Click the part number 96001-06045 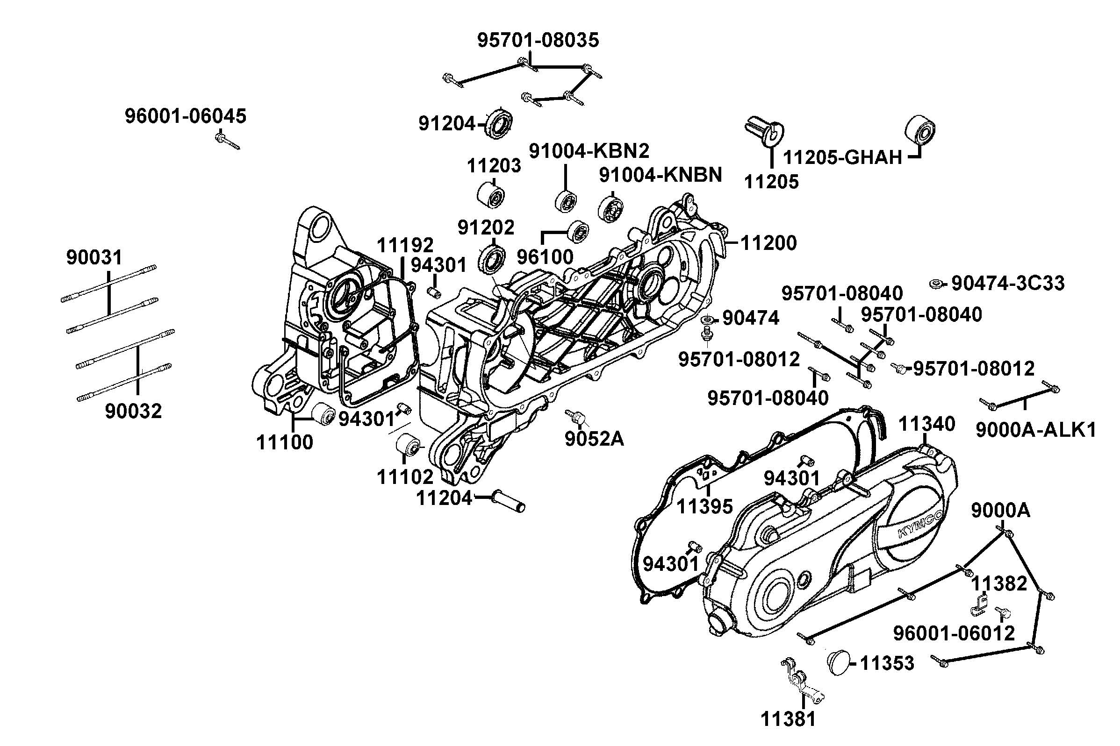(x=186, y=116)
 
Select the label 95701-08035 (x=538, y=41)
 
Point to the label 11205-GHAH (x=842, y=157)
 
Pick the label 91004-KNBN (x=660, y=175)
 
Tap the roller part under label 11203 (x=491, y=196)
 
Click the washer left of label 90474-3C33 (x=936, y=284)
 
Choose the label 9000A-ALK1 (x=1036, y=430)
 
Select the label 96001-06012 (x=954, y=633)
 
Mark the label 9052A (x=594, y=439)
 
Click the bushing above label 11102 (x=409, y=445)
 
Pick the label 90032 (x=133, y=411)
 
